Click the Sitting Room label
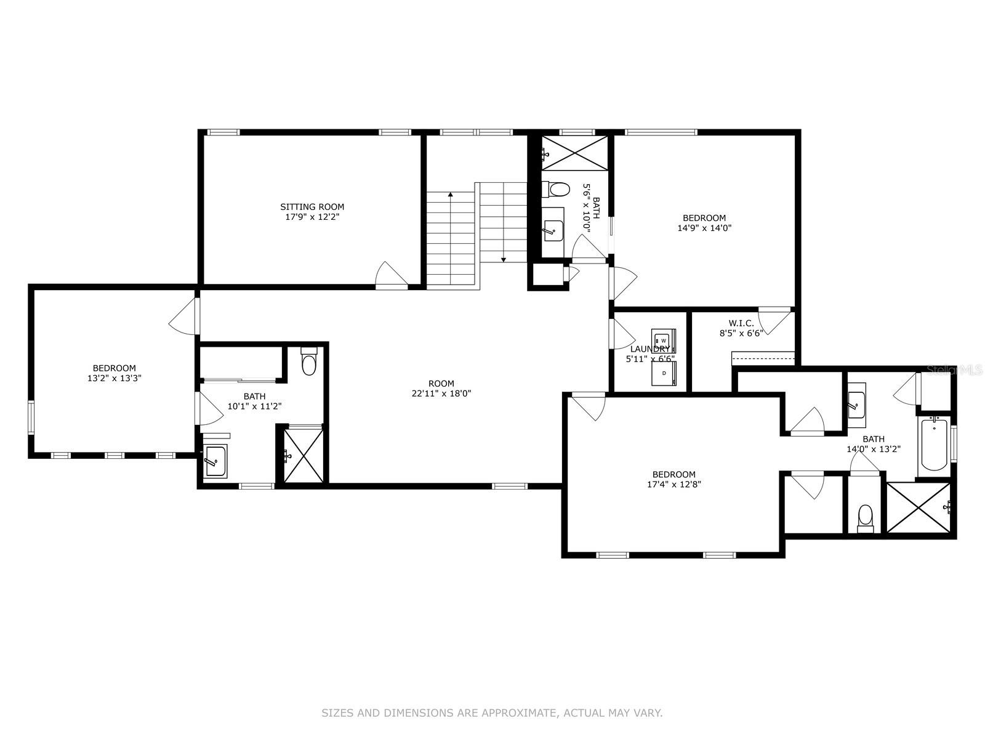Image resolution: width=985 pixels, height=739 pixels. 312,207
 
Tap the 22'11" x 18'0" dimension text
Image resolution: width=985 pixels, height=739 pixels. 441,394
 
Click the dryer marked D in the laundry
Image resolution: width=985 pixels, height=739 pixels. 664,373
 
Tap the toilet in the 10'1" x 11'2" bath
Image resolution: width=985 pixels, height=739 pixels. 309,363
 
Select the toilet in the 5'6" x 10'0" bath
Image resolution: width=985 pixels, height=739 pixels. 557,189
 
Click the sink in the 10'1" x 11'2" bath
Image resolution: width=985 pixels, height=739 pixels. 215,459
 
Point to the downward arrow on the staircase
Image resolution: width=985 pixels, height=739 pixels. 504,258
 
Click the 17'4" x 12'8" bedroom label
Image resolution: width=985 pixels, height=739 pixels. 674,474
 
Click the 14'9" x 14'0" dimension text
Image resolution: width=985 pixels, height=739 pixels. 704,228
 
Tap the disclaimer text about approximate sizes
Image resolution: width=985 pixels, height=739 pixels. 492,713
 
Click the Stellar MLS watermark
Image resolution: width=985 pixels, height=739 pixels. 954,370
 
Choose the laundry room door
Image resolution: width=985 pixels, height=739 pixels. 622,334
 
